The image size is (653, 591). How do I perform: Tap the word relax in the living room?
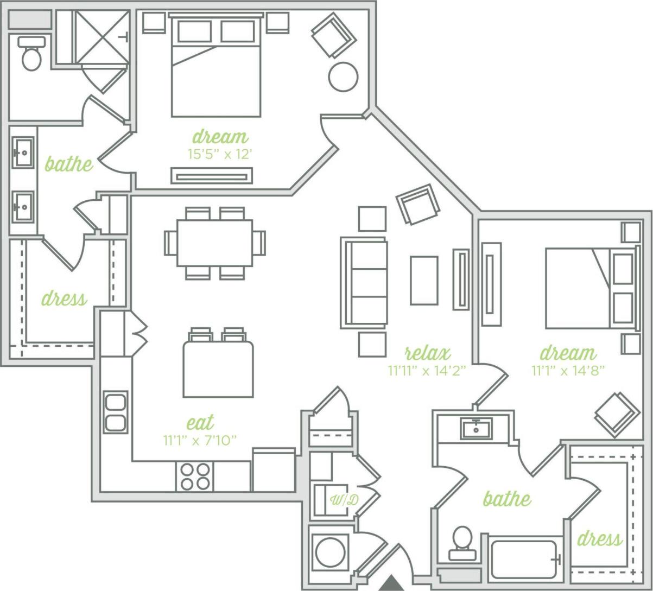(x=427, y=354)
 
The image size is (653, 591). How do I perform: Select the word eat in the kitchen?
(x=200, y=422)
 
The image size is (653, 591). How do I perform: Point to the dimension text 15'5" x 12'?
(x=220, y=154)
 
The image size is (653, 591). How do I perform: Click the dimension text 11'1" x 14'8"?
(x=568, y=371)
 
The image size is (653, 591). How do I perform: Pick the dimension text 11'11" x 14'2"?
(x=427, y=371)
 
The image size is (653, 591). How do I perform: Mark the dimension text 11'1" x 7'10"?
(x=200, y=440)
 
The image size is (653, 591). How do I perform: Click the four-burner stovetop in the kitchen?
(x=195, y=476)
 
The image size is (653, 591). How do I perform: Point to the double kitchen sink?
(x=116, y=412)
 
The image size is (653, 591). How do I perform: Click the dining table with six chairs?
(x=215, y=243)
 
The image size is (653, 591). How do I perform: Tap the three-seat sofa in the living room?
(x=364, y=283)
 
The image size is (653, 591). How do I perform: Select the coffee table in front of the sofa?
(x=424, y=281)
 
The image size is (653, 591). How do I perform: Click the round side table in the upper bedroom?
(x=343, y=77)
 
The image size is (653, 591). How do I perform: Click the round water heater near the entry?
(x=331, y=552)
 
